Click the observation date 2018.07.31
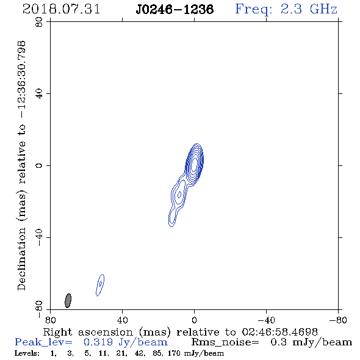tap(61, 9)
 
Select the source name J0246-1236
tap(175, 9)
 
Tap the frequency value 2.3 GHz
tap(309, 9)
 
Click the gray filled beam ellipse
tap(68, 301)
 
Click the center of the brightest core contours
tap(195, 163)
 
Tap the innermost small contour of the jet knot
tap(179, 195)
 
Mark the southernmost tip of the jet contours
tap(171, 227)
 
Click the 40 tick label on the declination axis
tap(39, 94)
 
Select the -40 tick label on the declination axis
tap(39, 237)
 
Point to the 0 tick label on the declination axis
tap(39, 165)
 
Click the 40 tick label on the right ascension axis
tap(123, 320)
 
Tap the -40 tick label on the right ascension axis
tap(266, 320)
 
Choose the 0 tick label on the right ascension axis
tap(195, 320)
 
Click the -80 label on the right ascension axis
tap(338, 320)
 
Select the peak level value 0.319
tap(98, 342)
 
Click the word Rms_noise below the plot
tap(225, 342)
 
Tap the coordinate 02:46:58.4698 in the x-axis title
tap(279, 332)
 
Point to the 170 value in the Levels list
tap(175, 353)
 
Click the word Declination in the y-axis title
tap(21, 259)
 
